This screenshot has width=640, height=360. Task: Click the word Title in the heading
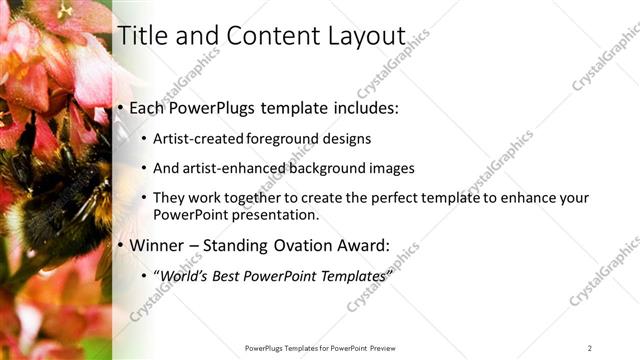click(142, 36)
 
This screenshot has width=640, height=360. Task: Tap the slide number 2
click(589, 347)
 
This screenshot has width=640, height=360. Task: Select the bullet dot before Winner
click(121, 245)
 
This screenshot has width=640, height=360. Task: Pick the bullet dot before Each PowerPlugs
click(121, 107)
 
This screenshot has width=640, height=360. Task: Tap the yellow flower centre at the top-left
click(66, 10)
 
